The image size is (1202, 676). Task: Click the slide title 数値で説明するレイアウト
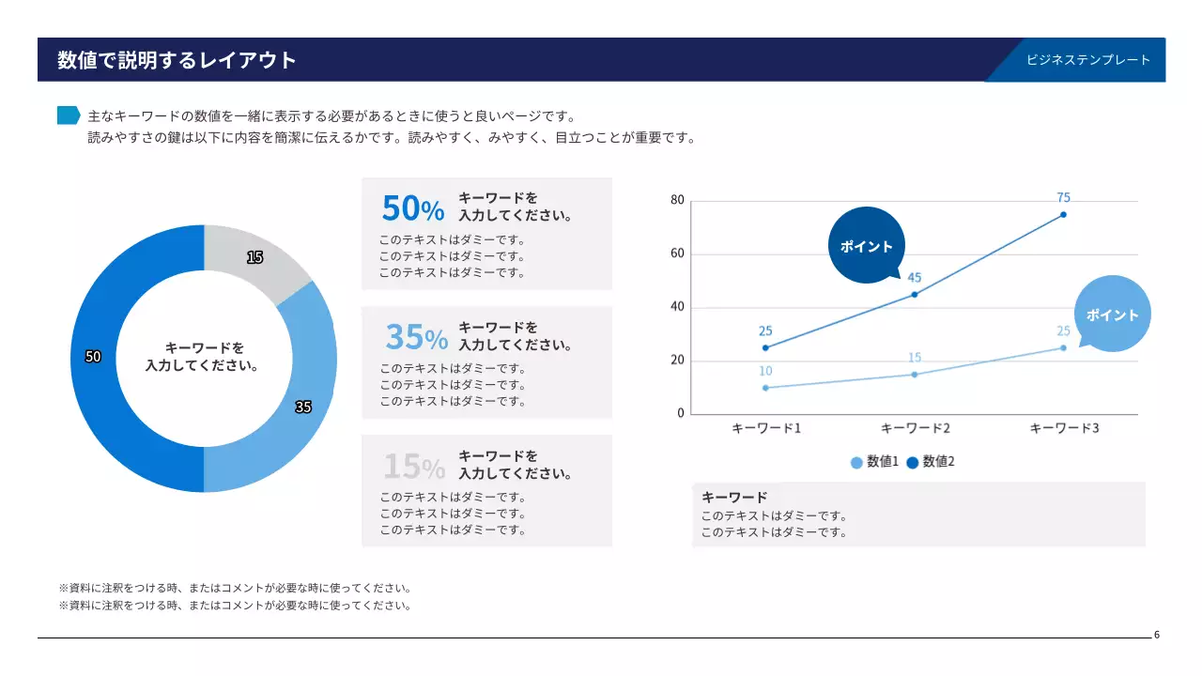pyautogui.click(x=177, y=60)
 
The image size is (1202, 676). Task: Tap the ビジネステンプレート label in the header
pyautogui.click(x=1087, y=60)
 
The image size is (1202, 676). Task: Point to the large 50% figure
pyautogui.click(x=412, y=208)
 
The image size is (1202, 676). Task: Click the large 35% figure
pyautogui.click(x=416, y=336)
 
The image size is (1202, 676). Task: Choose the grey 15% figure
pyautogui.click(x=414, y=465)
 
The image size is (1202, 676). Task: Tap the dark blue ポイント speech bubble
pyautogui.click(x=867, y=246)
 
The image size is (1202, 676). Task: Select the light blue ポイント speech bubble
pyautogui.click(x=1112, y=315)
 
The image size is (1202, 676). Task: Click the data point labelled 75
pyautogui.click(x=1063, y=215)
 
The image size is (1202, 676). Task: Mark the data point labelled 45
pyautogui.click(x=915, y=295)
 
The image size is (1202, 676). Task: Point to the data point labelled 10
pyautogui.click(x=765, y=388)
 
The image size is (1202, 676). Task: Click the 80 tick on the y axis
pyautogui.click(x=677, y=200)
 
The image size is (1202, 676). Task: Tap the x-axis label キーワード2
pyautogui.click(x=915, y=428)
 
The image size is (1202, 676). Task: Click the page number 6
pyautogui.click(x=1157, y=635)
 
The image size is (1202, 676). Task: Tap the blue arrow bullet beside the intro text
pyautogui.click(x=69, y=115)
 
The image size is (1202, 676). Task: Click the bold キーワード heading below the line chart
pyautogui.click(x=734, y=497)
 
